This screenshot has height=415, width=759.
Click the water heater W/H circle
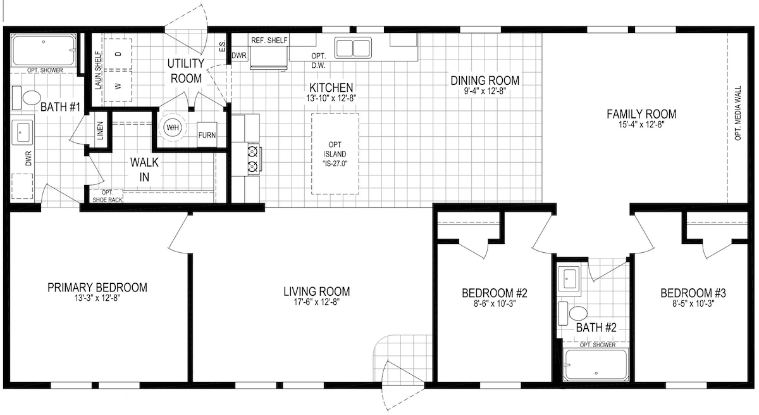173,128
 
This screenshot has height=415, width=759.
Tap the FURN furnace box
207,135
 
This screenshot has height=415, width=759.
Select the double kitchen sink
353,48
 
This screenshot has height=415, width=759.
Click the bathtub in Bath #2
596,365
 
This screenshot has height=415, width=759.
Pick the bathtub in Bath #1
44,50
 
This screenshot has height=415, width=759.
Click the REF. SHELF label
269,41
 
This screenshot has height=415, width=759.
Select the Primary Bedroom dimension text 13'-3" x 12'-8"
97,298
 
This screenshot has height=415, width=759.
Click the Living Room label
316,291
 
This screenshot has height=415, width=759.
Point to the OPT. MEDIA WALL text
738,113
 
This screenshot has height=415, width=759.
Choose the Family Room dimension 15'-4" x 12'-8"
641,125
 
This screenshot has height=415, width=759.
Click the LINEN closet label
101,131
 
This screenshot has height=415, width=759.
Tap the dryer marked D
118,54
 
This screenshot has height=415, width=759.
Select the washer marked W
118,86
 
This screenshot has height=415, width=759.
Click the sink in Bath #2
569,279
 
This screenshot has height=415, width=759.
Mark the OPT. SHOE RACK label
107,196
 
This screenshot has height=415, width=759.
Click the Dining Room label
485,80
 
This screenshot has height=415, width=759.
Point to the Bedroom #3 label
693,293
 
